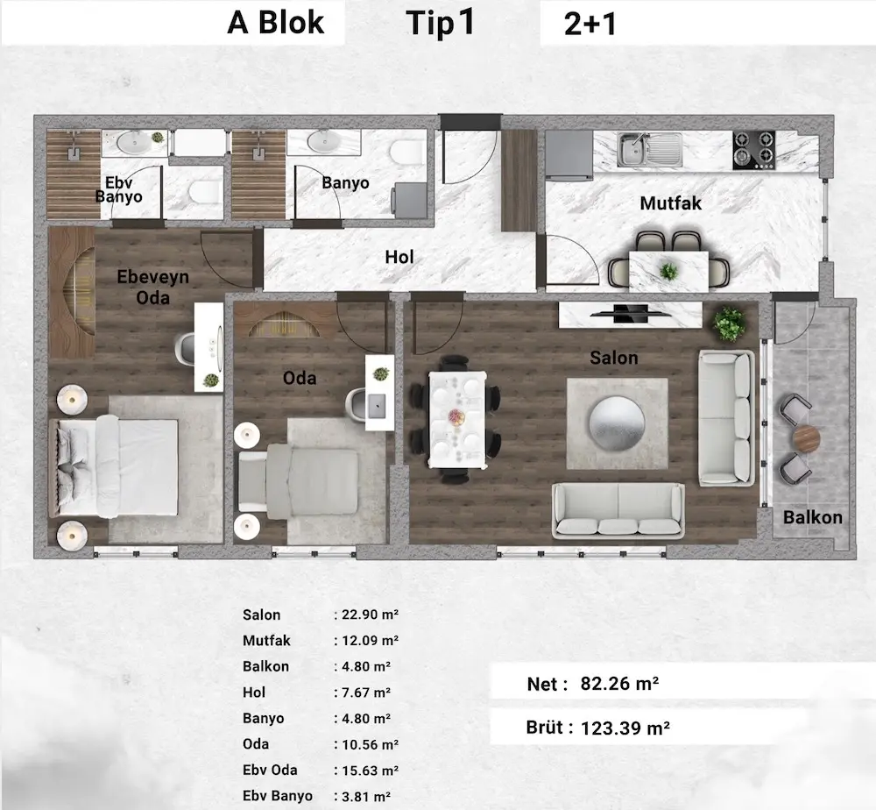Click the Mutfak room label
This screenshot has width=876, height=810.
[670, 202]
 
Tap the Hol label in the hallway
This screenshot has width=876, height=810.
[399, 257]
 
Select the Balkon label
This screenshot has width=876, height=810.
[812, 517]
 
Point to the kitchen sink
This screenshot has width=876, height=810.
[650, 149]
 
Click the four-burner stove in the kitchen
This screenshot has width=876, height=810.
[754, 150]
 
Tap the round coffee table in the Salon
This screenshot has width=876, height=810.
[617, 423]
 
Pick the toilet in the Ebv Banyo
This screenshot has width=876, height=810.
[204, 192]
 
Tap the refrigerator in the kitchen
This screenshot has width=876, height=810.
[569, 155]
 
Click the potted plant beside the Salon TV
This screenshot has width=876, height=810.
[729, 323]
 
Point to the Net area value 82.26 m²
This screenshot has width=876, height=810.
[619, 683]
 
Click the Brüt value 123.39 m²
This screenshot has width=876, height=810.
[625, 728]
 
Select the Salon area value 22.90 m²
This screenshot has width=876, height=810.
[370, 615]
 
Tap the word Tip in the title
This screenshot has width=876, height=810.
[431, 25]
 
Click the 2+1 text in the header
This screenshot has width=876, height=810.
[590, 24]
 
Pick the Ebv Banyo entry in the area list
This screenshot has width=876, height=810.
[278, 795]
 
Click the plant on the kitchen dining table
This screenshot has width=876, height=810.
[668, 272]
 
